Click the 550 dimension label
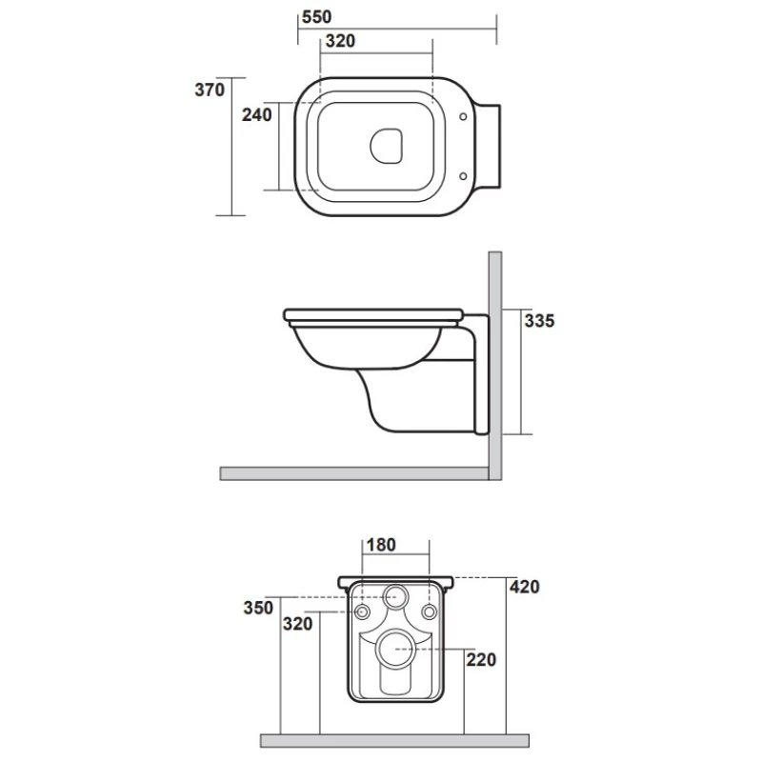pyautogui.click(x=316, y=17)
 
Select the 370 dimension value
pyautogui.click(x=210, y=90)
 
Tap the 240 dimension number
pyautogui.click(x=257, y=115)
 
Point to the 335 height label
pyautogui.click(x=539, y=321)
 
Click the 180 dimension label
pyautogui.click(x=381, y=545)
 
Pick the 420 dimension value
pyautogui.click(x=525, y=587)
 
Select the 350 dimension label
pyautogui.click(x=258, y=608)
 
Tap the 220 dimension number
pyautogui.click(x=481, y=660)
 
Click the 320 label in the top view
pyautogui.click(x=340, y=41)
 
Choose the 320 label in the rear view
pyautogui.click(x=297, y=624)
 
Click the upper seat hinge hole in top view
pyautogui.click(x=463, y=116)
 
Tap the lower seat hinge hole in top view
pyautogui.click(x=463, y=176)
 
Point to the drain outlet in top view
pyautogui.click(x=387, y=146)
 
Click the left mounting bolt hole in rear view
pyautogui.click(x=362, y=612)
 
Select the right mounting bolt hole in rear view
pyautogui.click(x=430, y=612)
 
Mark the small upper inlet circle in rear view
pyautogui.click(x=396, y=596)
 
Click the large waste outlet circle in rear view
pyautogui.click(x=396, y=650)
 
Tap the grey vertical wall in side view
pyautogui.click(x=495, y=366)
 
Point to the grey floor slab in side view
pyautogui.click(x=354, y=473)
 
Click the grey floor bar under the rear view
pyautogui.click(x=394, y=741)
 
